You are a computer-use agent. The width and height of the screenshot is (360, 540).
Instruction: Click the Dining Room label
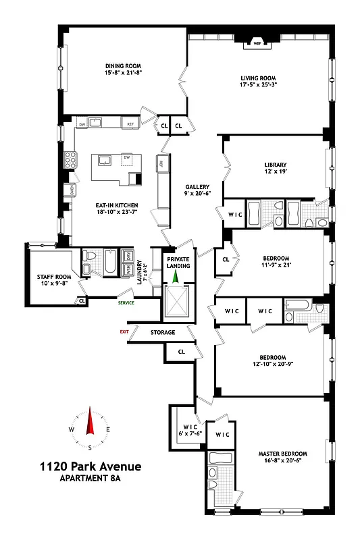tap(123, 65)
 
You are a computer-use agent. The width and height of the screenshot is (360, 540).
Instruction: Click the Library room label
tap(276, 165)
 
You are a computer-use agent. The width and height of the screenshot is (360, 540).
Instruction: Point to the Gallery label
tap(198, 187)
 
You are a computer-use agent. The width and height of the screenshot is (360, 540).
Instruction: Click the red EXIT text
tap(124, 331)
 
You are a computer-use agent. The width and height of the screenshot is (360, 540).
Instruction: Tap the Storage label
tap(163, 332)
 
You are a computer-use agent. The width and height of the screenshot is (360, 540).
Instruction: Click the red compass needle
tap(89, 423)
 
